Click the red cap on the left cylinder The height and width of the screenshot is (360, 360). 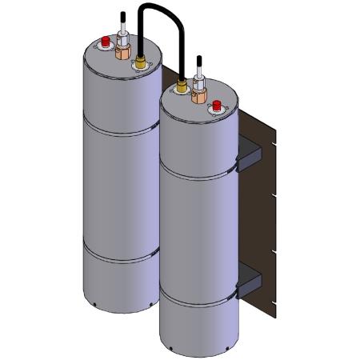tap(104, 42)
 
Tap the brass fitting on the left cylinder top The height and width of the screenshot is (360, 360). tap(141, 62)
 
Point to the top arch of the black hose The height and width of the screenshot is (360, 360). tap(158, 7)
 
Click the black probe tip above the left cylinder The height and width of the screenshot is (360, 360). tap(122, 16)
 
